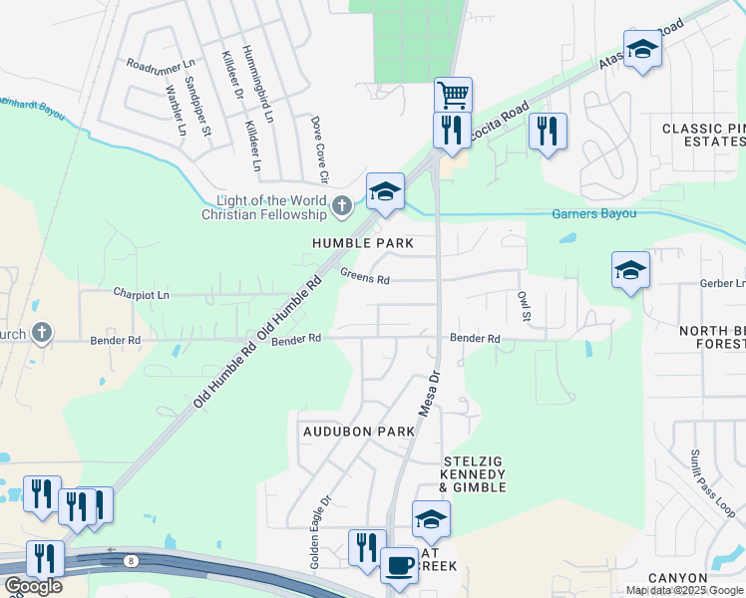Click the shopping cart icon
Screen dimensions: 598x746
453,96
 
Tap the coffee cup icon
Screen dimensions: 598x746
400,564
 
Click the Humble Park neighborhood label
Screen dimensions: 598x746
362,243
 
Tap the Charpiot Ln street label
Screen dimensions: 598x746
142,295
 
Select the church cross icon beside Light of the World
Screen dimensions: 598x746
342,207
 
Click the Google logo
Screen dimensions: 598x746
32,586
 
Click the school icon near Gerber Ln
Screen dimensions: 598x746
630,270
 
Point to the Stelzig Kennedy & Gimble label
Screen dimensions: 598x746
474,474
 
